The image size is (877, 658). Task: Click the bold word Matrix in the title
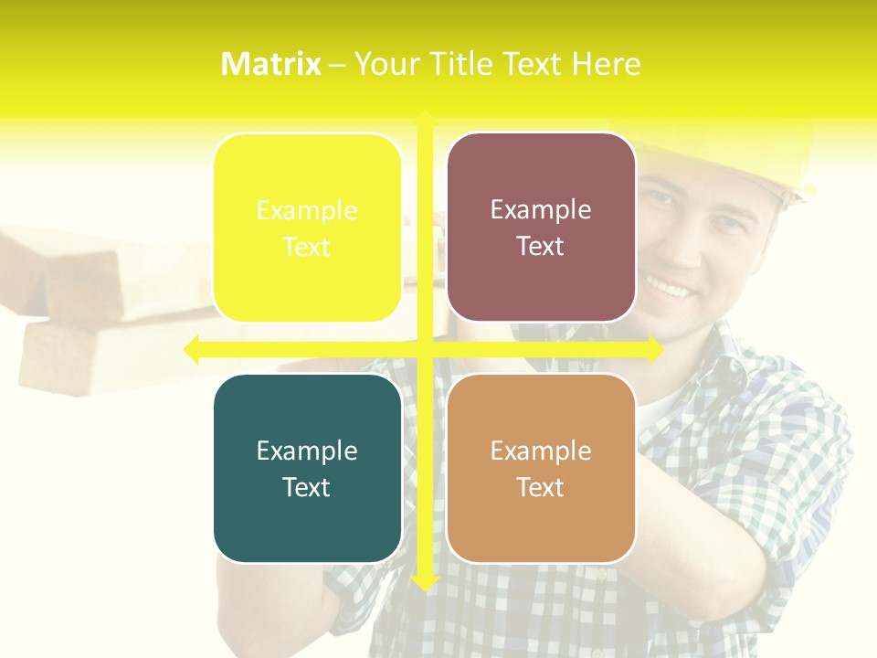pos(271,64)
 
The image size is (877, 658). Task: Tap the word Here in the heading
pos(606,64)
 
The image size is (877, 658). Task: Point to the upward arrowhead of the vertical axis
pos(424,119)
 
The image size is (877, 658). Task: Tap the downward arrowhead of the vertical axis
pos(424,581)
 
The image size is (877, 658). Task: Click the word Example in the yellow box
pos(307,211)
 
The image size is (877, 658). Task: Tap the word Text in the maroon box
pos(541,247)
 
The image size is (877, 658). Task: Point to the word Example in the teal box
pos(307,451)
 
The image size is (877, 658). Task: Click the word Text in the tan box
pos(541,487)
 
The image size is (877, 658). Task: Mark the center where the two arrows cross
pos(424,349)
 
